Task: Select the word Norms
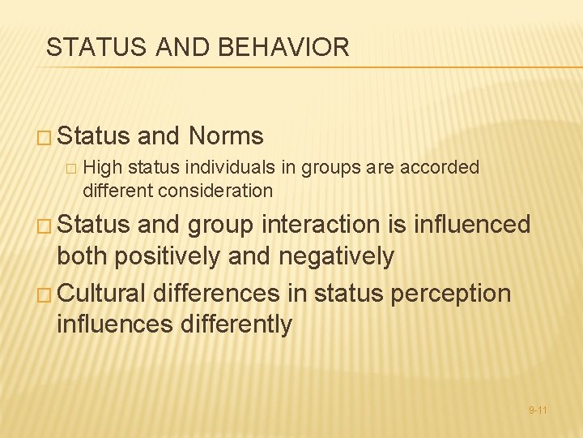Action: pos(226,135)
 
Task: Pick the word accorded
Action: pos(438,168)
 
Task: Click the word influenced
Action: pos(472,225)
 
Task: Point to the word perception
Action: pos(451,292)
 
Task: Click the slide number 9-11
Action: pos(538,410)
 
